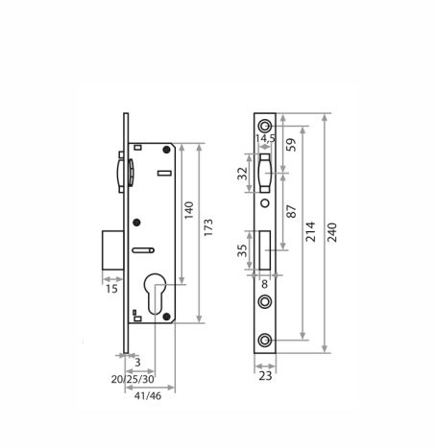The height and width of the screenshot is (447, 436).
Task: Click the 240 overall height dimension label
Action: coord(333,232)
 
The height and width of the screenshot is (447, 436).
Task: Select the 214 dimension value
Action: coord(310,231)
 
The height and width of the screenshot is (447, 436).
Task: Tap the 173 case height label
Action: coord(208,227)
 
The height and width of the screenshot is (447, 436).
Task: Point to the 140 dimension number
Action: coord(189,210)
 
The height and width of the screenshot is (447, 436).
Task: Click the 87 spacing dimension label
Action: coord(291,211)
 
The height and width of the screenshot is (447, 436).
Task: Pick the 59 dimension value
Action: coord(291,145)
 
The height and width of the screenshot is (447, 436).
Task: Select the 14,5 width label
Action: coord(265,138)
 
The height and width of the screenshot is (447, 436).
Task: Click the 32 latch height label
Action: coord(243,174)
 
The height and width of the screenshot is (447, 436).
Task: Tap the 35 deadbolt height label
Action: coord(242,250)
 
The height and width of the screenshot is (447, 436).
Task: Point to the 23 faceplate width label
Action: coord(265,376)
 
